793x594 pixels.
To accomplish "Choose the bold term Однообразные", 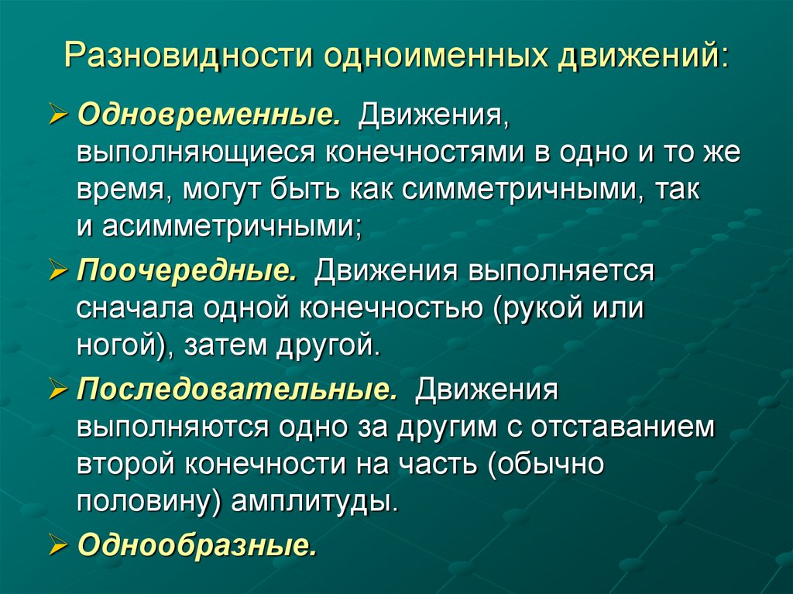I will click(197, 545).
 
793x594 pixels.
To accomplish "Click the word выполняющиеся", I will click(184, 153).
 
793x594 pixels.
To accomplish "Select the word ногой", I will click(119, 345).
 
